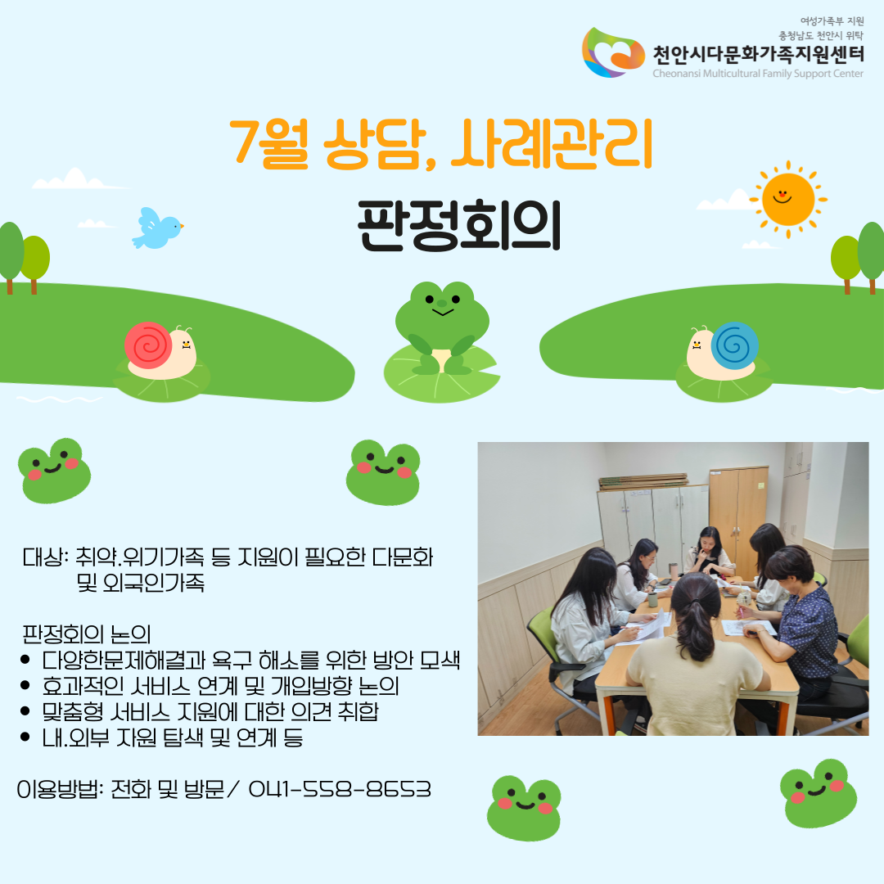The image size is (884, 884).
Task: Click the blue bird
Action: click(x=156, y=228)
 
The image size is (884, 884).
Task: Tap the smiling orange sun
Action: click(x=788, y=200)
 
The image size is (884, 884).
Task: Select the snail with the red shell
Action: click(x=160, y=350)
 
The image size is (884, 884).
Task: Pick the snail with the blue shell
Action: click(x=723, y=350)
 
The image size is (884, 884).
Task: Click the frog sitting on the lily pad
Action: click(x=442, y=327)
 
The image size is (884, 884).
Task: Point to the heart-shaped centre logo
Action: click(x=613, y=52)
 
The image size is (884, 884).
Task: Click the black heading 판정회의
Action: click(x=459, y=226)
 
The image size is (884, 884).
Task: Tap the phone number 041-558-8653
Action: click(x=340, y=789)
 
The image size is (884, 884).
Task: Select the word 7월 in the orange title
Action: click(x=269, y=144)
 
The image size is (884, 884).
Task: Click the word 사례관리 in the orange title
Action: click(x=552, y=144)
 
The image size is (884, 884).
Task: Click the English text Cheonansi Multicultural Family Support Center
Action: click(x=758, y=74)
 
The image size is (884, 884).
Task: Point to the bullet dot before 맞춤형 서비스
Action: click(x=25, y=711)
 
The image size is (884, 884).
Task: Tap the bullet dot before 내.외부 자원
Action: click(x=25, y=737)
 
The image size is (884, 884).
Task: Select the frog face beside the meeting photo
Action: click(x=383, y=472)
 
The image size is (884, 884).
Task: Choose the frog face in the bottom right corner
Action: click(x=819, y=793)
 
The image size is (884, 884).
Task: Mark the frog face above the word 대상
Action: click(x=55, y=470)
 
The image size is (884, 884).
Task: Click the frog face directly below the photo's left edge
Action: click(x=525, y=808)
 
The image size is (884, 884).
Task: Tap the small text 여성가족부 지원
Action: click(x=832, y=21)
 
